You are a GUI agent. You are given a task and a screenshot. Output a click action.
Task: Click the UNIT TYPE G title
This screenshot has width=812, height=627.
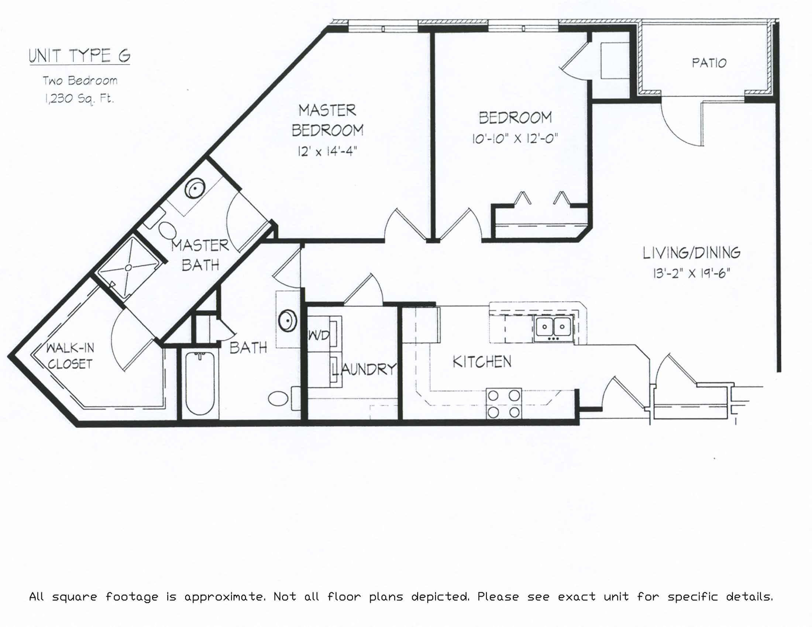coord(80,56)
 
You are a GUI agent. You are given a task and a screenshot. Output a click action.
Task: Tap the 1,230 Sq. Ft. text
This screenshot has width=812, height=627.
coord(79,99)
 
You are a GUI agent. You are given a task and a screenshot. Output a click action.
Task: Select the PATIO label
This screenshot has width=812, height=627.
coord(709,63)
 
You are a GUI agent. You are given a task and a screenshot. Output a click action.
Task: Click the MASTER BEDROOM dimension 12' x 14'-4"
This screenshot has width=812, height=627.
coord(327,152)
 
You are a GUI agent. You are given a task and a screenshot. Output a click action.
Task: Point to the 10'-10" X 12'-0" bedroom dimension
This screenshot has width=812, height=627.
coord(515,139)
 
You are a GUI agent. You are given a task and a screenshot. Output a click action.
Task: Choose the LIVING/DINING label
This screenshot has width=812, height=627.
coord(692,253)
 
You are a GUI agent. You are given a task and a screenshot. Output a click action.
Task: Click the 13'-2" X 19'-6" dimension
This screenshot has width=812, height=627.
coord(692,274)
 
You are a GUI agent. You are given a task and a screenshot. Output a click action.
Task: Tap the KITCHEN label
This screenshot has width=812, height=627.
coord(482,361)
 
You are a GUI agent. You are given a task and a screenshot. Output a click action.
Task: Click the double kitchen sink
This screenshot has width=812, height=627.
coord(553,328)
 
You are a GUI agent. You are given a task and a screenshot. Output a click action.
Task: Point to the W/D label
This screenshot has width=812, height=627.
coord(319,336)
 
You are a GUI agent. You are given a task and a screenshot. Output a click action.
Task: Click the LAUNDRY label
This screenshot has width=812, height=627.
coord(364,369)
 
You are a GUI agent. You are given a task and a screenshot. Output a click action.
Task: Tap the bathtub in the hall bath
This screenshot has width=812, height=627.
coord(200,383)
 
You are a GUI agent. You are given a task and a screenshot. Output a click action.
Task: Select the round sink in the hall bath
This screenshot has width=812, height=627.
coord(288,320)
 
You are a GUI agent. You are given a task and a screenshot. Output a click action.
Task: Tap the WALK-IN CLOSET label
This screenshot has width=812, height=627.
coord(70,356)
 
